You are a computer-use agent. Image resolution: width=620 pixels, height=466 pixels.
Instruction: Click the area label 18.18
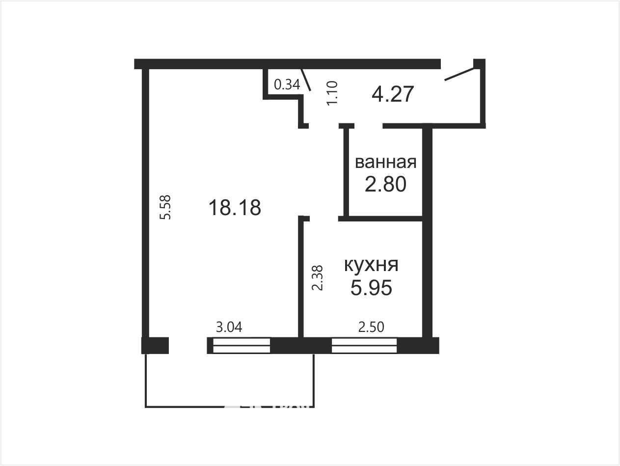235,208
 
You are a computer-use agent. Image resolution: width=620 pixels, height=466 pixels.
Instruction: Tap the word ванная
385,163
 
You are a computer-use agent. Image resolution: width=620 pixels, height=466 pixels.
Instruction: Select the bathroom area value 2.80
385,184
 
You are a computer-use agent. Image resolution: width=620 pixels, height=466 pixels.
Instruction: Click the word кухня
371,265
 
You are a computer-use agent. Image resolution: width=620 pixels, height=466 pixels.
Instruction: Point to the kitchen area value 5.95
371,288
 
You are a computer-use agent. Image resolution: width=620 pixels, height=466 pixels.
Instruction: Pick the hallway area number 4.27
393,94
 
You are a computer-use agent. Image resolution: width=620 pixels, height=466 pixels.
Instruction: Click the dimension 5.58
165,207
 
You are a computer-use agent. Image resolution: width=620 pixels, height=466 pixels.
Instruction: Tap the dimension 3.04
229,327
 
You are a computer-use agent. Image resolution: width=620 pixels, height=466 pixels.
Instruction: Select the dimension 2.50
371,327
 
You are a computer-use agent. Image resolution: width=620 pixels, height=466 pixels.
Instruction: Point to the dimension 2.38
317,278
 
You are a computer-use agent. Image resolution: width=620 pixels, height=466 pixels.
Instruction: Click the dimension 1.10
332,93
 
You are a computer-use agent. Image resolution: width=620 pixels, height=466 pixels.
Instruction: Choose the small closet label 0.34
287,84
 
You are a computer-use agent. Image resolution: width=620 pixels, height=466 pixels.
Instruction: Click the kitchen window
364,345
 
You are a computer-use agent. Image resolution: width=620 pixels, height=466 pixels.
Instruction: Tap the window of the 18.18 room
242,345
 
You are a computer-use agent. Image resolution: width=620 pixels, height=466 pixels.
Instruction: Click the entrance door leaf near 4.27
459,74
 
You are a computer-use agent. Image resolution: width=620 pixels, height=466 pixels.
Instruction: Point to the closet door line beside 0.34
306,80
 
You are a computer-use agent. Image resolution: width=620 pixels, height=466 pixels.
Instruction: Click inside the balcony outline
229,380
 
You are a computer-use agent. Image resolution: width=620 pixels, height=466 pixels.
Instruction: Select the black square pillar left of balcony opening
155,345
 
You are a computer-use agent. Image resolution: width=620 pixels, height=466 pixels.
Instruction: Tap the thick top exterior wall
287,64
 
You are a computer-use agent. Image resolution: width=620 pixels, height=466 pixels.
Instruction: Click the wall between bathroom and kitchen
380,219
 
